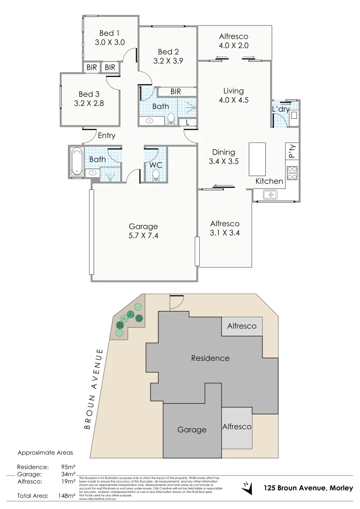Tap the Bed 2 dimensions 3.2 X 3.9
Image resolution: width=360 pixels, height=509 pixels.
click(168, 61)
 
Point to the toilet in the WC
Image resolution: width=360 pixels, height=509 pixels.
click(156, 175)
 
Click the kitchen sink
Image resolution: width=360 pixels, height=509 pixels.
click(270, 194)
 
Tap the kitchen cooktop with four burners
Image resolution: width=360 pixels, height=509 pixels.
click(292, 173)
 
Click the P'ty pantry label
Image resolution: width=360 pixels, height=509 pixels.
click(292, 151)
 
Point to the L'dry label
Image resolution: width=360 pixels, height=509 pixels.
click(280, 109)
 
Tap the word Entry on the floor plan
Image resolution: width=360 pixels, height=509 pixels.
click(106, 136)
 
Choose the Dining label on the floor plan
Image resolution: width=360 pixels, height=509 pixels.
click(223, 152)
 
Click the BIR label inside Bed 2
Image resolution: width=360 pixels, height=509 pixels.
click(176, 91)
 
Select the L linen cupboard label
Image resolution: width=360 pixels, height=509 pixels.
click(188, 123)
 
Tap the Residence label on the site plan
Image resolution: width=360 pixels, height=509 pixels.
click(210, 358)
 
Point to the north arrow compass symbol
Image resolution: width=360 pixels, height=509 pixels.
click(245, 485)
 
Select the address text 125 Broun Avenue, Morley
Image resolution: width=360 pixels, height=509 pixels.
click(308, 488)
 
